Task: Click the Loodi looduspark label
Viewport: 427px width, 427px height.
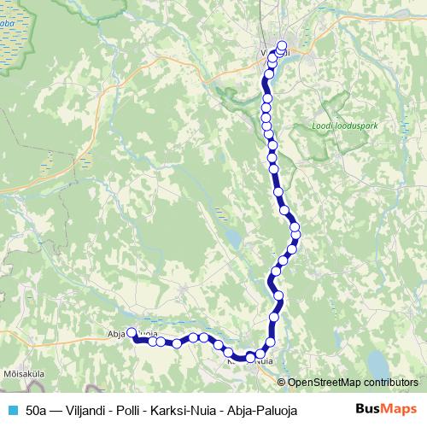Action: [345, 126]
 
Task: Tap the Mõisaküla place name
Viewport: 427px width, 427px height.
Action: [23, 373]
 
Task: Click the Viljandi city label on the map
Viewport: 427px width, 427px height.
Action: [275, 52]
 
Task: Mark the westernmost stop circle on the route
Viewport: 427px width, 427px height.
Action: [132, 334]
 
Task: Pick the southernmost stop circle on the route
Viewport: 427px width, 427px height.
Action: [251, 358]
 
